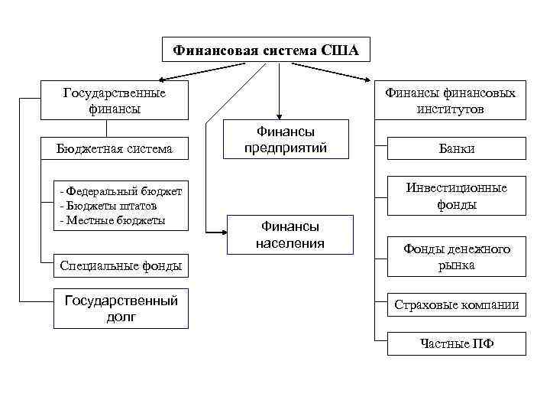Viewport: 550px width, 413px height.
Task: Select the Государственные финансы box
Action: (x=114, y=100)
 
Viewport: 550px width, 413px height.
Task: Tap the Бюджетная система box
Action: (x=114, y=148)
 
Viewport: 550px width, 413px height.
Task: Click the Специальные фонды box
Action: (x=120, y=266)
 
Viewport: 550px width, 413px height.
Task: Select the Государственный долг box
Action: (x=121, y=308)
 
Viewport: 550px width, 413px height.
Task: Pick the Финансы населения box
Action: (x=290, y=235)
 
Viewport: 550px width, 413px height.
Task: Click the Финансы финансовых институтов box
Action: (x=450, y=100)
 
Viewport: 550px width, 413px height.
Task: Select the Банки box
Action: (x=457, y=148)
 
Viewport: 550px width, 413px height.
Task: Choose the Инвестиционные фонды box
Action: (x=457, y=197)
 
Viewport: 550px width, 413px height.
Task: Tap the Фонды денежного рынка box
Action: (x=457, y=257)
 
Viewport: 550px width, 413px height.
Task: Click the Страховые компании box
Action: (x=457, y=305)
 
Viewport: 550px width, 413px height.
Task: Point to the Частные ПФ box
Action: (x=457, y=343)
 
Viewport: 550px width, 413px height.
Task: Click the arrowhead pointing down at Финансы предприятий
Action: (x=279, y=115)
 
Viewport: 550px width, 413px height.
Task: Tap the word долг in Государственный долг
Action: (x=121, y=317)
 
